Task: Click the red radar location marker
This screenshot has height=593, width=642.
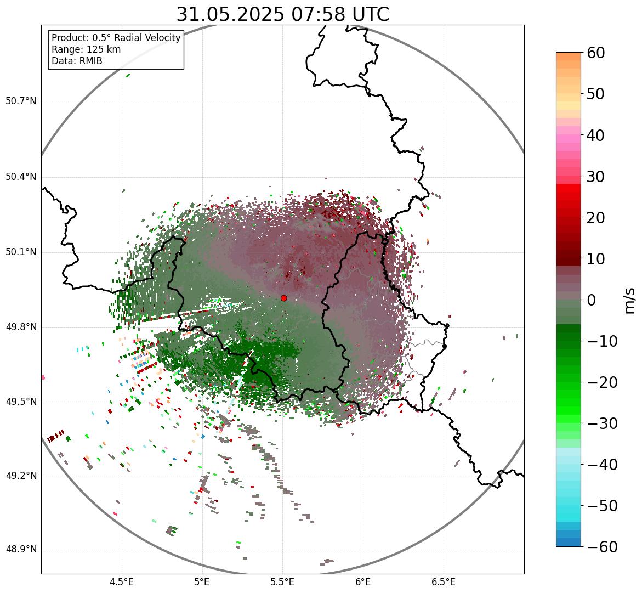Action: point(284,298)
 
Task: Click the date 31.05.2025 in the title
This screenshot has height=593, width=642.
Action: point(230,15)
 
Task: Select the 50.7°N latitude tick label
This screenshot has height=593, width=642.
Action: point(21,101)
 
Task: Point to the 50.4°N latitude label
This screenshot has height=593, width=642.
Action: point(21,177)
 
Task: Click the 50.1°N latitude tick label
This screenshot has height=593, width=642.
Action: point(21,252)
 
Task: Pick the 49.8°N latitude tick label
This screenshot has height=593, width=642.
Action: point(21,327)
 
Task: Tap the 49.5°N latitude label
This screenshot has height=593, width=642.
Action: point(21,402)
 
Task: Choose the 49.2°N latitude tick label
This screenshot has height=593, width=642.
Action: point(21,476)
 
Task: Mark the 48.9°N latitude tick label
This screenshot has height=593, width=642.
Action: point(21,550)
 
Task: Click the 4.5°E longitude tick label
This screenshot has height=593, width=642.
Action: point(122,582)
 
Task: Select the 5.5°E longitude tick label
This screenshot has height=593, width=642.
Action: point(282,582)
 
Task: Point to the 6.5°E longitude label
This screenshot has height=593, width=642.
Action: point(443,582)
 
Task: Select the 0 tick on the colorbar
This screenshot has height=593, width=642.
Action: point(592,300)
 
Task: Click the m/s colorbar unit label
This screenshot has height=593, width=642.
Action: point(630,300)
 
